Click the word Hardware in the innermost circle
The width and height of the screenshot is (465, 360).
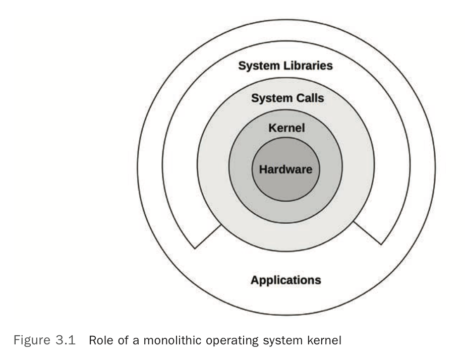[285, 169]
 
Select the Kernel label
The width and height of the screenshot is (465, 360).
[286, 128]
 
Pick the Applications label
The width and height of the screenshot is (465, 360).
[285, 279]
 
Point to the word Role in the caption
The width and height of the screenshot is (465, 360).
[99, 340]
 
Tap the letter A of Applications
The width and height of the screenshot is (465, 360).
[255, 279]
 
